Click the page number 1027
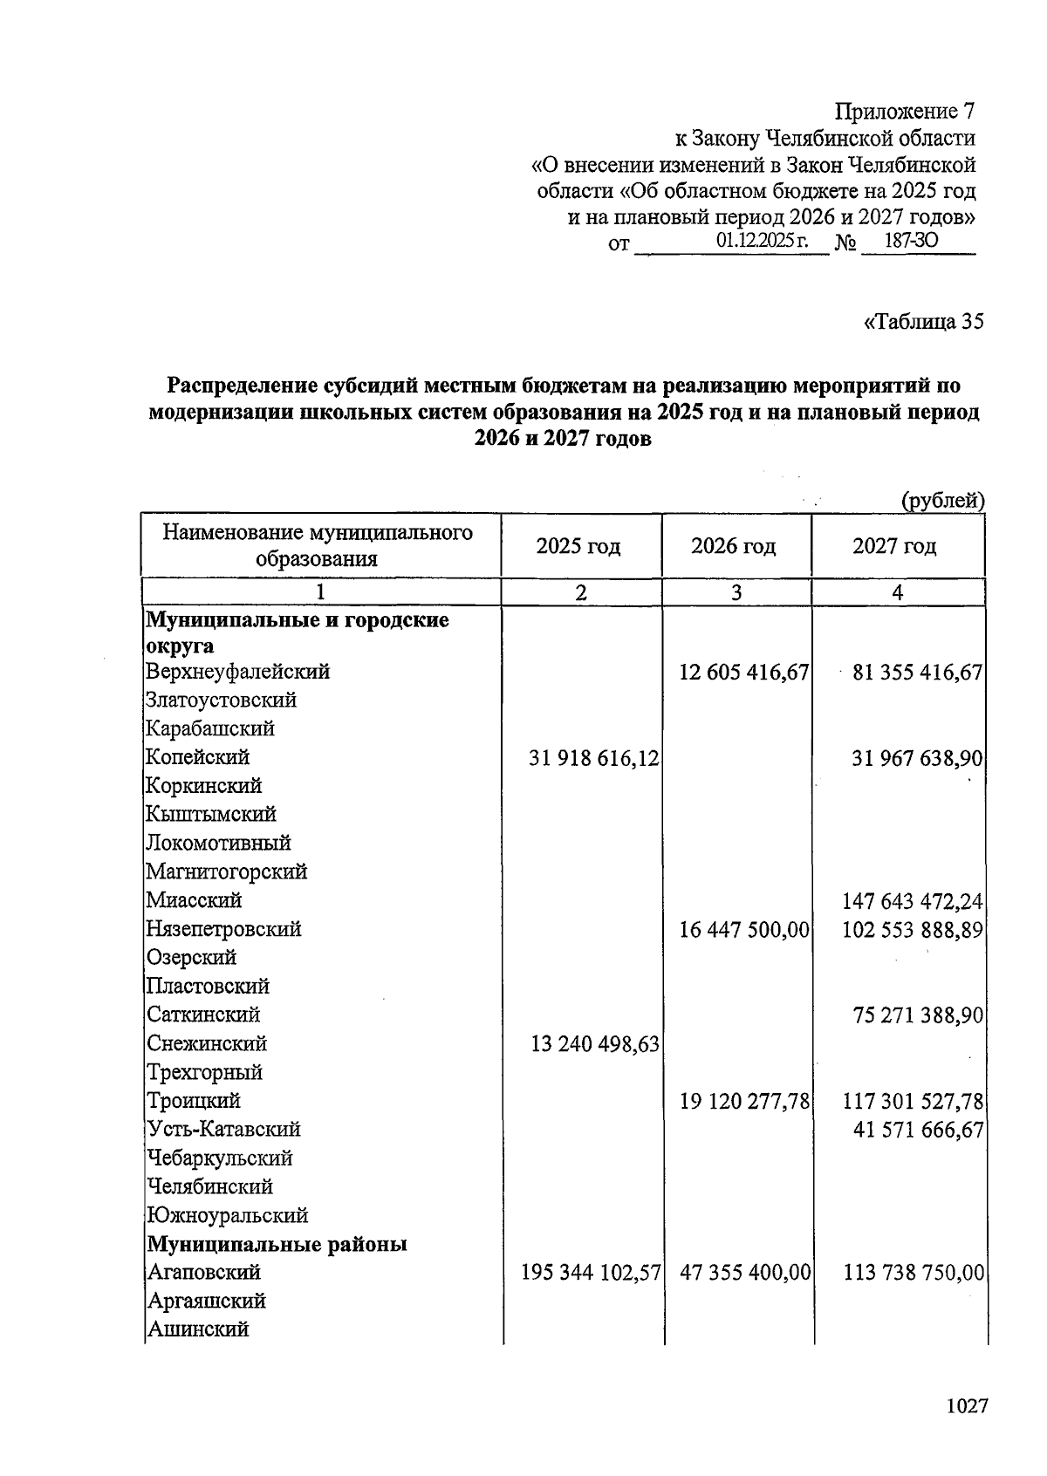click(x=966, y=1406)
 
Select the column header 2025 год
click(x=578, y=547)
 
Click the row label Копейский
click(x=198, y=757)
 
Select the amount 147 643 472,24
click(x=912, y=900)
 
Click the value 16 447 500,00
click(x=744, y=930)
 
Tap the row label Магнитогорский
click(x=227, y=871)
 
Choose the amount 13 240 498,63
click(x=594, y=1044)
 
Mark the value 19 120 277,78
click(x=744, y=1102)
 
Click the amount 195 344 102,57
click(x=590, y=1273)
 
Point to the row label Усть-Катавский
click(x=223, y=1130)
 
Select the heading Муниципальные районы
click(x=277, y=1244)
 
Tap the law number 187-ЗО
click(x=911, y=242)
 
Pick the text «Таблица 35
click(x=923, y=322)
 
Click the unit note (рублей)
click(x=942, y=501)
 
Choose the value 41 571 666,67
click(x=918, y=1131)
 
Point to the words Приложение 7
click(x=905, y=112)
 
